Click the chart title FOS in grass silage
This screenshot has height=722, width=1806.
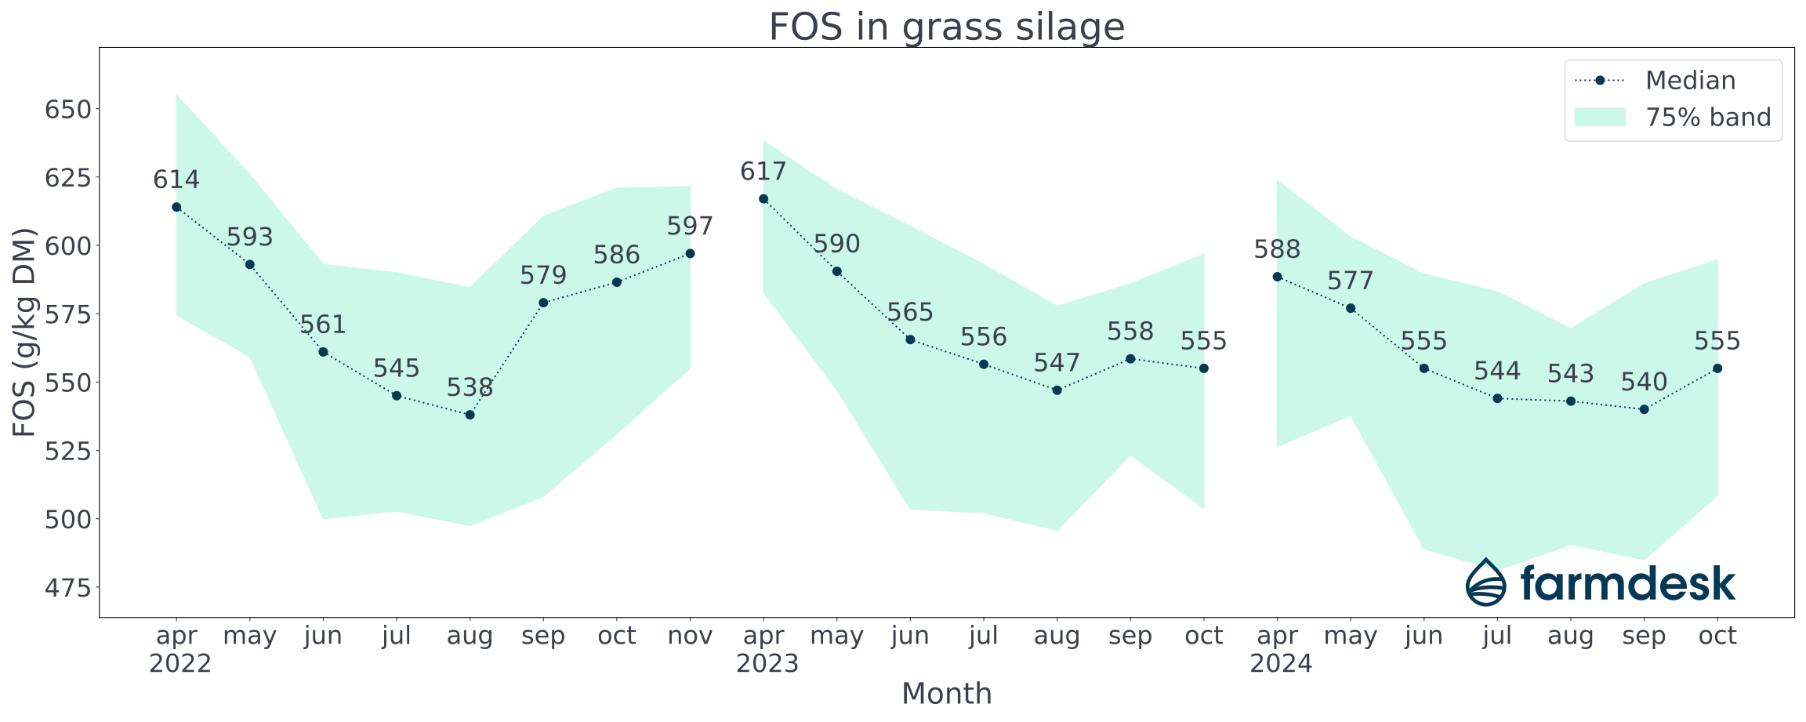[x=946, y=27]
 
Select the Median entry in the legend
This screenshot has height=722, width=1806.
[x=1690, y=81]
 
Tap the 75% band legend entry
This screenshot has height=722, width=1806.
[x=1707, y=118]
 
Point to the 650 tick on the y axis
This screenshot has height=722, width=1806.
[x=69, y=109]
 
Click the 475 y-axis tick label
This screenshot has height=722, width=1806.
[x=69, y=588]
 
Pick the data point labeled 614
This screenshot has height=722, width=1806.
[x=176, y=207]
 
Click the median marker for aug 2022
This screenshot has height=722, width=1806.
[x=470, y=415]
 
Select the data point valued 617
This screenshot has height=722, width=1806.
[x=763, y=199]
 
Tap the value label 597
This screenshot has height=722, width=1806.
[x=690, y=227]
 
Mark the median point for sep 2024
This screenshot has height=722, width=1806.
[x=1644, y=409]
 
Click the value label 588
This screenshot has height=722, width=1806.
[x=1277, y=250]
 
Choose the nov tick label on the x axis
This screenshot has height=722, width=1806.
[x=690, y=636]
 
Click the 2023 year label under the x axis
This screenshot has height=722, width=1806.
[x=767, y=664]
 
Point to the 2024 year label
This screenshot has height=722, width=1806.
[x=1281, y=664]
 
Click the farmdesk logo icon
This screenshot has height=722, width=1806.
[x=1486, y=582]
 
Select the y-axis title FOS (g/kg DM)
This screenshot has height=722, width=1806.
[x=25, y=332]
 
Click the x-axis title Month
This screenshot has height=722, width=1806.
[x=946, y=694]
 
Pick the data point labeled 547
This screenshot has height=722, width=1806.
[x=1057, y=390]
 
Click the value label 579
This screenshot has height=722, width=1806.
[x=543, y=276]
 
